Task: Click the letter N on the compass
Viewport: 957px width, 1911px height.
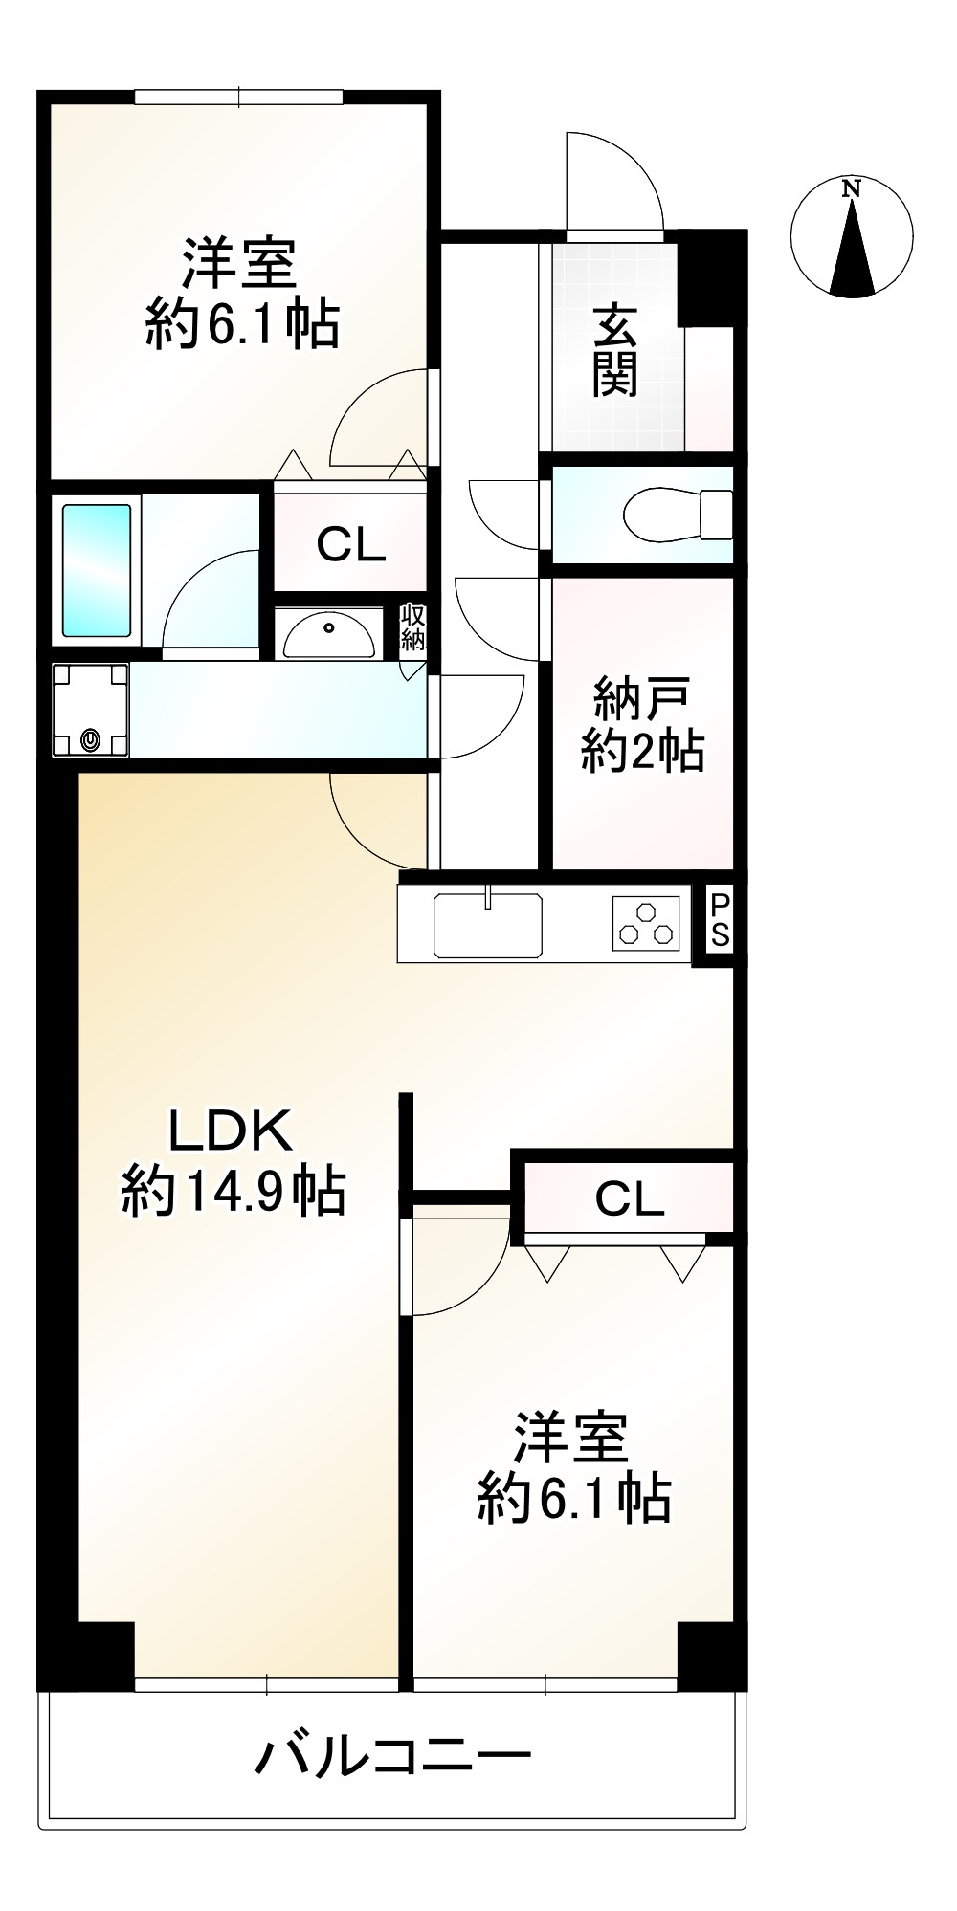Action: (x=851, y=188)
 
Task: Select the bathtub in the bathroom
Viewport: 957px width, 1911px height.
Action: (x=97, y=570)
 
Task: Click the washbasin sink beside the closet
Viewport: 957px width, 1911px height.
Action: (x=329, y=634)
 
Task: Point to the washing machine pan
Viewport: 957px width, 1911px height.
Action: (x=90, y=710)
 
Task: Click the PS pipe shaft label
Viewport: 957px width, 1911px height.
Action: (x=720, y=919)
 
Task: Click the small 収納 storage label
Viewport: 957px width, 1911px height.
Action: (x=412, y=627)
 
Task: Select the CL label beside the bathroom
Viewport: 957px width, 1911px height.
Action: (x=351, y=545)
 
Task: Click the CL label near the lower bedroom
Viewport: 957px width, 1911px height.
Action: (x=630, y=1198)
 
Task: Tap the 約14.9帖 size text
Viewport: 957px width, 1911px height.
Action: (x=233, y=1193)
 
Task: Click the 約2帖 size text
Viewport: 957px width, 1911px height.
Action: (x=643, y=752)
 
